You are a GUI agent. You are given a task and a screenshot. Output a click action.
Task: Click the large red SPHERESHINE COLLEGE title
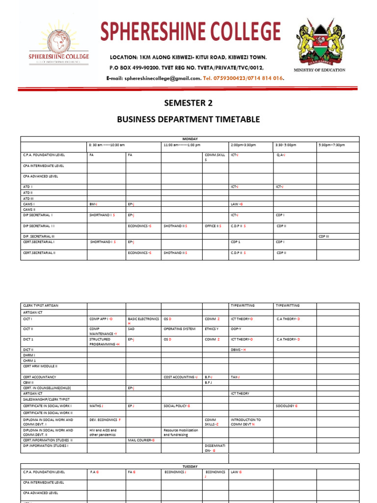(190, 32)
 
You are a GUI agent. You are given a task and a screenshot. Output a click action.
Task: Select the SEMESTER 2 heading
(188, 103)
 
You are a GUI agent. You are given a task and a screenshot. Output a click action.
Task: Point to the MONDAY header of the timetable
(189, 139)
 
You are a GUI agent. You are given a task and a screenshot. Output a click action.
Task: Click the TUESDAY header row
(189, 466)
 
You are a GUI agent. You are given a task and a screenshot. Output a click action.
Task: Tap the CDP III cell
(324, 236)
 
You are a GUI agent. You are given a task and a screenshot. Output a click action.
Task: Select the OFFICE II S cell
(213, 226)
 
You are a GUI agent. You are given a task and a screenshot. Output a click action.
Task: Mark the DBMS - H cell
(238, 350)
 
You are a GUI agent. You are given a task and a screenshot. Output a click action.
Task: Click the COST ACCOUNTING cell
(180, 377)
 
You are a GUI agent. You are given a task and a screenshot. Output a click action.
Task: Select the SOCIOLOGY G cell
(286, 406)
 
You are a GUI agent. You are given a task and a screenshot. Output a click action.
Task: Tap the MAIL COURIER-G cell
(141, 440)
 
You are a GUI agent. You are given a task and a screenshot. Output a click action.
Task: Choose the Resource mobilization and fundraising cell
(181, 432)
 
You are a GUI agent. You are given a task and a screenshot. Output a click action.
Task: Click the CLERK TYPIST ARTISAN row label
(40, 306)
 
